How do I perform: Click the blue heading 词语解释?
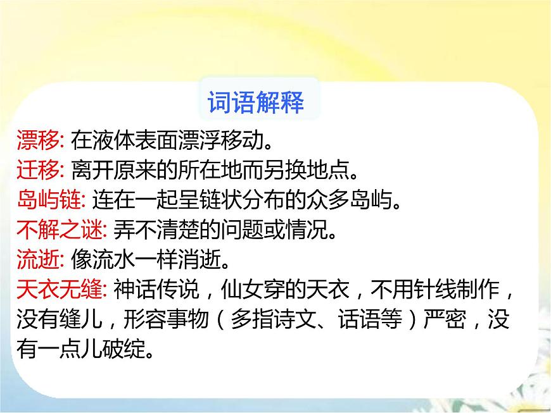click(256, 102)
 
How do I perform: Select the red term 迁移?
click(37, 170)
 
